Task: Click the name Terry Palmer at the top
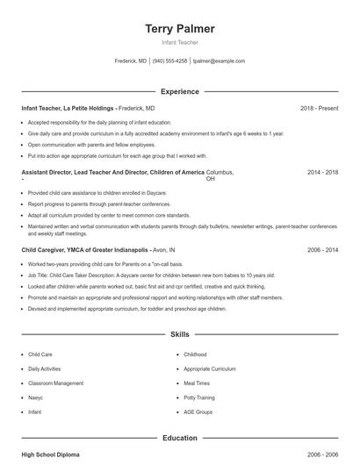click(179, 29)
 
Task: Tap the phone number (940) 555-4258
click(169, 61)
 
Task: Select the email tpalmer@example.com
click(219, 61)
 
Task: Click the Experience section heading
click(179, 91)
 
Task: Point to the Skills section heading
click(179, 335)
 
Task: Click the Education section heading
click(179, 438)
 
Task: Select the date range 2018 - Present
click(319, 108)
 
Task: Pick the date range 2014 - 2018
click(322, 173)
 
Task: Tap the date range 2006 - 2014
click(322, 249)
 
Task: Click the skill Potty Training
click(198, 397)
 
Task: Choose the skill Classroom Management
click(56, 383)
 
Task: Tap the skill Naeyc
click(36, 397)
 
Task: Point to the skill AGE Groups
click(198, 411)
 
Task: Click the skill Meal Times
click(197, 383)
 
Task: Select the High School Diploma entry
click(50, 454)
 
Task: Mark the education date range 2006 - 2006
click(322, 454)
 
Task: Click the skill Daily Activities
click(45, 369)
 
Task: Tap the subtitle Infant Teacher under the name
click(179, 42)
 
